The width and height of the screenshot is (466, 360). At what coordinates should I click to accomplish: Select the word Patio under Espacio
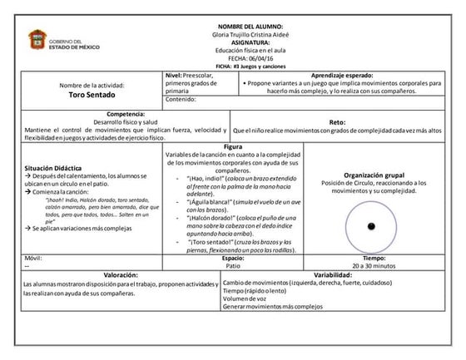233,265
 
